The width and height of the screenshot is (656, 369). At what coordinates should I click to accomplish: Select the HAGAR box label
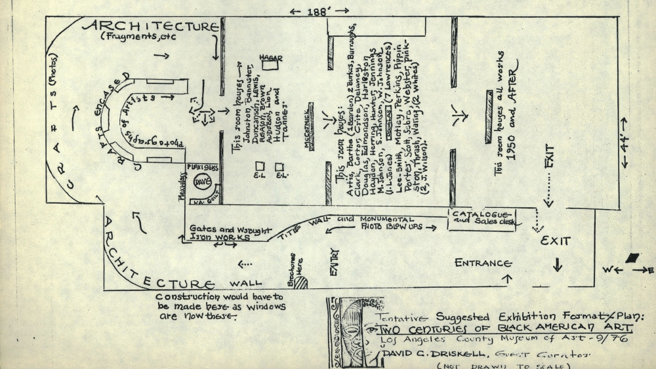[x=270, y=58]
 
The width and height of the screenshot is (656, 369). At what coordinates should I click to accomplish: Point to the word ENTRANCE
[x=483, y=263]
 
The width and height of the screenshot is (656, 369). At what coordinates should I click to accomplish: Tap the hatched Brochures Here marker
[x=301, y=282]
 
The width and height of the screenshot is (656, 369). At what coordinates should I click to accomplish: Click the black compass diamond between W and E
[x=633, y=258]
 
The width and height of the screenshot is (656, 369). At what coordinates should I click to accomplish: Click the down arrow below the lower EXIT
[x=558, y=265]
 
